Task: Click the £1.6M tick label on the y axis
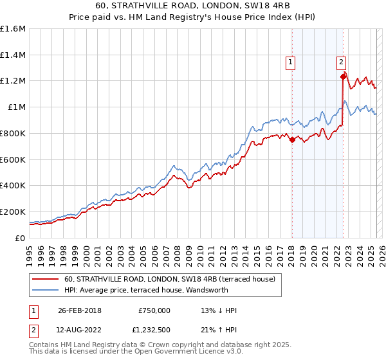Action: tap(13, 29)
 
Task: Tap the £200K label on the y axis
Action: tap(13, 212)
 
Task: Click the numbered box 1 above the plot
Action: tap(291, 62)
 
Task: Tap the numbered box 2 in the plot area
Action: tap(341, 62)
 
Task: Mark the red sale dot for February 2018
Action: tap(292, 139)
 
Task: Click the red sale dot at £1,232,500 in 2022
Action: tap(343, 76)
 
